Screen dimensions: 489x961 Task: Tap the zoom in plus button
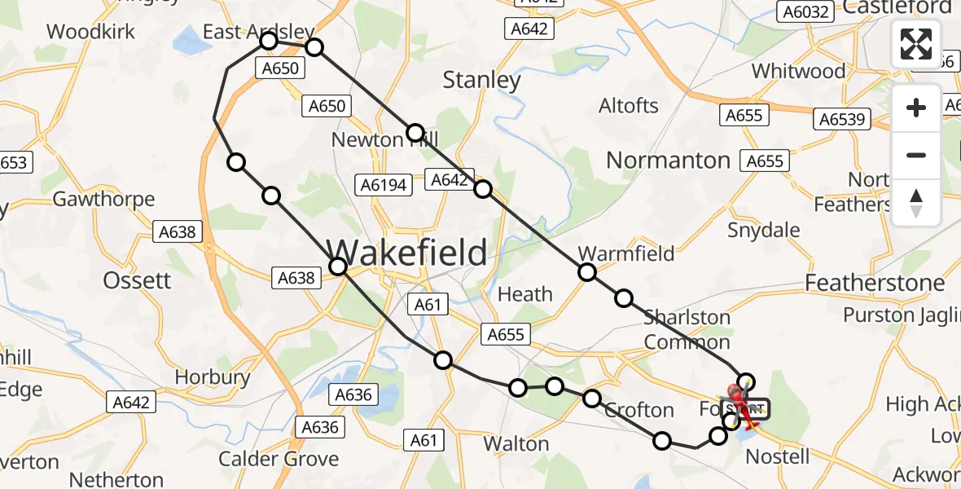tap(916, 108)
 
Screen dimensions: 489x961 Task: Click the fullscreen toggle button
tap(916, 44)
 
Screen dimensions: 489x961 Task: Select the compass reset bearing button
tap(916, 203)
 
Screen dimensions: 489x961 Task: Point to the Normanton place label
tap(668, 160)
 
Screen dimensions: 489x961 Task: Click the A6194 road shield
tap(382, 185)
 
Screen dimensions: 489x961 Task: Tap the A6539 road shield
tap(842, 120)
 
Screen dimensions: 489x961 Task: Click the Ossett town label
tap(137, 280)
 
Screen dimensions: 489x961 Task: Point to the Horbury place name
tap(213, 377)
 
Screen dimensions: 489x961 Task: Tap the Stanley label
tap(481, 80)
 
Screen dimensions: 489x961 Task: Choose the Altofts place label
tap(628, 106)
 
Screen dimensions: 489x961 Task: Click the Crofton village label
tap(639, 410)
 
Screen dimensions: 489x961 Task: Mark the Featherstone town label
tap(875, 283)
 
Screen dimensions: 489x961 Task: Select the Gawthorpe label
tap(103, 199)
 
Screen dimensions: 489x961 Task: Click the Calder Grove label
tap(278, 459)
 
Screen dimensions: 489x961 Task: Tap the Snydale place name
tap(763, 230)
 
